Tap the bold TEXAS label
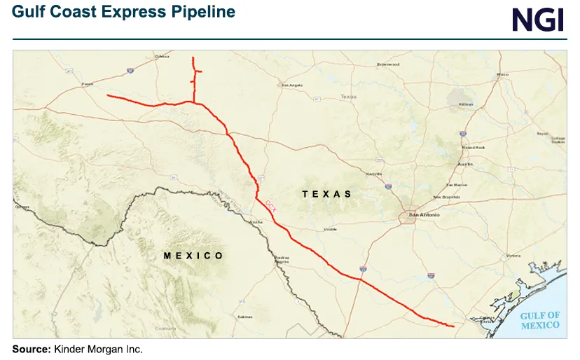coord(326,193)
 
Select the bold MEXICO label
coord(193,256)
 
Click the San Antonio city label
coord(424,215)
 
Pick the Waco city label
coord(502,74)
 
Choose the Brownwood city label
coord(387,64)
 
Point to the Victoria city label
coord(514,256)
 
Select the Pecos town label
coord(88,84)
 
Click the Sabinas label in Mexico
coord(244,317)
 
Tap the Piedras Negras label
coord(283,261)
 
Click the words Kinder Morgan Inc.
coord(98,349)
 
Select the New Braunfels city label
coord(446,197)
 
